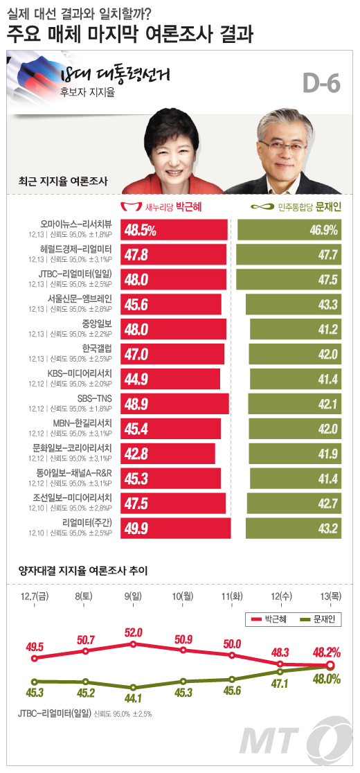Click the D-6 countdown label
[321, 85]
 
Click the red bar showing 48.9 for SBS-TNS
[175, 404]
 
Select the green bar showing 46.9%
[289, 230]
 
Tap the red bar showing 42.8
[168, 454]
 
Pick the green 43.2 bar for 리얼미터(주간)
[294, 528]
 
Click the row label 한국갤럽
[97, 348]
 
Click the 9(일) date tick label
[134, 596]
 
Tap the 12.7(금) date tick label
[34, 596]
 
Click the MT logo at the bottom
[305, 741]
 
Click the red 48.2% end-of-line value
[328, 653]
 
